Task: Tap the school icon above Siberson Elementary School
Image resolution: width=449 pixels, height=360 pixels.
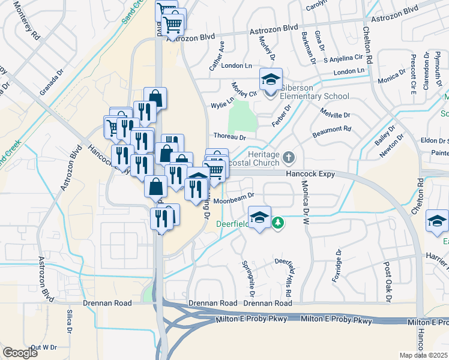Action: (x=271, y=79)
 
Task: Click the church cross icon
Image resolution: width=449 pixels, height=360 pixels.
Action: (x=289, y=158)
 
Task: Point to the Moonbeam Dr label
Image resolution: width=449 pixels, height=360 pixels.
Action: (x=235, y=195)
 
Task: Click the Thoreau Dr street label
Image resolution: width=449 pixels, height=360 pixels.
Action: (x=229, y=137)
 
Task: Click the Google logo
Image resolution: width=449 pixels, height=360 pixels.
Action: (x=20, y=353)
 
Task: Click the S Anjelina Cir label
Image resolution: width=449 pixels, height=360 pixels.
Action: (x=343, y=58)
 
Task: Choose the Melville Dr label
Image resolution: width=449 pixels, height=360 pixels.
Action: (x=335, y=115)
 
